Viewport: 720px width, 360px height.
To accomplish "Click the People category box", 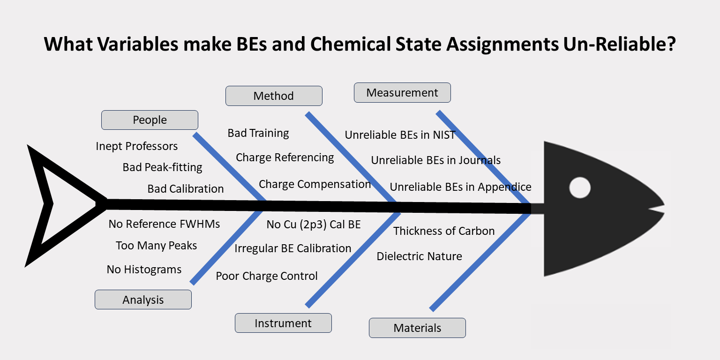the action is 150,120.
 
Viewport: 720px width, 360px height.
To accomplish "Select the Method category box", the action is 274,96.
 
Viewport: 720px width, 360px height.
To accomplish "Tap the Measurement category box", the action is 403,92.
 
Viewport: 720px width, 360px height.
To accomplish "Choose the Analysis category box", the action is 143,300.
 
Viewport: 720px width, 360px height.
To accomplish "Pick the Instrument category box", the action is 283,323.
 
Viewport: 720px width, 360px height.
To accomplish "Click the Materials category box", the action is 417,328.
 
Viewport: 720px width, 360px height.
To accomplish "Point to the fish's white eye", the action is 580,187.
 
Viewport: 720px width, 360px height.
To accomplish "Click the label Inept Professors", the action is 136,146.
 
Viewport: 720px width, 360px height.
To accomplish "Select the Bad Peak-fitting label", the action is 162,167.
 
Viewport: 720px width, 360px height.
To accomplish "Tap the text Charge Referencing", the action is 285,157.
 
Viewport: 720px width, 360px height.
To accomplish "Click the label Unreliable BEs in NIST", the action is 400,135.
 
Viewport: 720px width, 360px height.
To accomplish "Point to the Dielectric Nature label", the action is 419,256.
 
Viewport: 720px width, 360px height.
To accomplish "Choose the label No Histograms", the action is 144,270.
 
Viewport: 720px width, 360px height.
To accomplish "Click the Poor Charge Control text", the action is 266,276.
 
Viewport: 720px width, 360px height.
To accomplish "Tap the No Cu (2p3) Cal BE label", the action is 314,225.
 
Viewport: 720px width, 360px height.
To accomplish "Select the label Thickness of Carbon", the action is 444,231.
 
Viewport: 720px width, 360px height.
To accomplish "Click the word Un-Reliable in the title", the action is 619,44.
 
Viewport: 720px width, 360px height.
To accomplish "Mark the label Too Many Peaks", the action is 156,246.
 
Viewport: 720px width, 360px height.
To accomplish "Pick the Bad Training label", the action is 258,133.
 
